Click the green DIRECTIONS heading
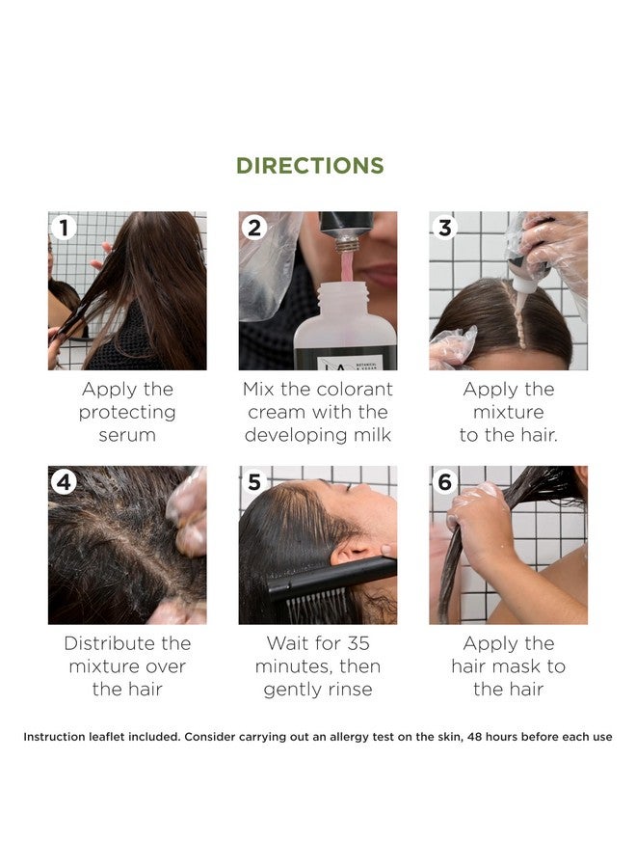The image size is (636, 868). click(310, 165)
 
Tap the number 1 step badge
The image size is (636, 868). click(64, 228)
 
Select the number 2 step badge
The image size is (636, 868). click(254, 228)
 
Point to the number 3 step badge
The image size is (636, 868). click(444, 228)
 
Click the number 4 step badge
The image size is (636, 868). click(64, 481)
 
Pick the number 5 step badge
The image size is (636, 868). click(254, 481)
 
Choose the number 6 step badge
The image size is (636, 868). click(444, 481)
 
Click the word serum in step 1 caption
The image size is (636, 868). click(127, 435)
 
